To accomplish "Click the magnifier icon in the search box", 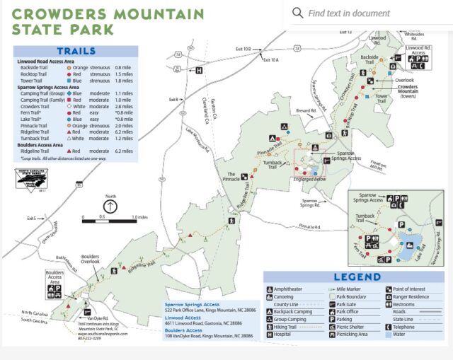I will [x=298, y=13].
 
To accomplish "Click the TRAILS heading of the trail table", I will [x=76, y=52].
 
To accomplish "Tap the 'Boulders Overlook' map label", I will [x=90, y=257].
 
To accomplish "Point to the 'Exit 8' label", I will [x=173, y=100].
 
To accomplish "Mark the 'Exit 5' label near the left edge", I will [x=31, y=218].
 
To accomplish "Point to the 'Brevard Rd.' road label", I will [x=306, y=111].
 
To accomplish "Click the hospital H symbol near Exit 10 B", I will [x=199, y=70].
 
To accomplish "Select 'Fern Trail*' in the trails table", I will [x=30, y=112].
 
